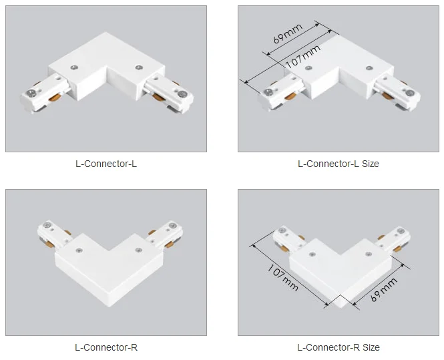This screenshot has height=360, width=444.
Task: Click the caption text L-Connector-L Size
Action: tap(338, 164)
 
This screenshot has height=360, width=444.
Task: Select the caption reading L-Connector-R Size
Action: tap(338, 347)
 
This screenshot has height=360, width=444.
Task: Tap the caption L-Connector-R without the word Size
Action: tap(107, 347)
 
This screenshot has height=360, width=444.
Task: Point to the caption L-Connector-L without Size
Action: tap(107, 164)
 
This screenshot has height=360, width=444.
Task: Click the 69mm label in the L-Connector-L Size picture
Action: tap(288, 33)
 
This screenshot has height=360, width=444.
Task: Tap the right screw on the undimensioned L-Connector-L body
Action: tap(139, 66)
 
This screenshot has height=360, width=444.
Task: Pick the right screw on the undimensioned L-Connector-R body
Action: tap(138, 251)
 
